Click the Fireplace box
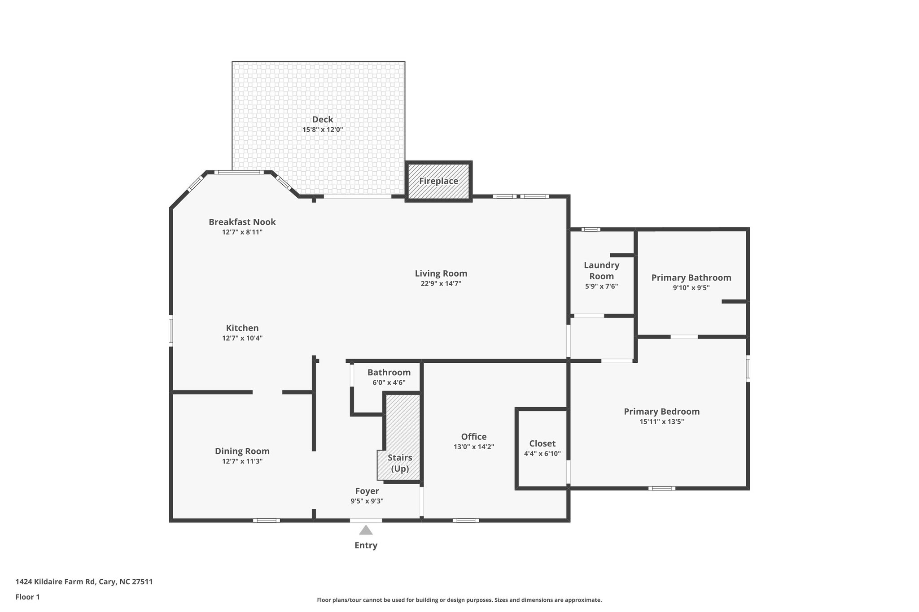(x=438, y=181)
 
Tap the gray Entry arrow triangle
(x=366, y=530)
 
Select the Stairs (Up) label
(x=399, y=463)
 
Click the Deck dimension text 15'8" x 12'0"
(x=323, y=130)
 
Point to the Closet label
(x=542, y=443)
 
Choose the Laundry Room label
(x=601, y=270)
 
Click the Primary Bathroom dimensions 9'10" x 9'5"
(x=691, y=288)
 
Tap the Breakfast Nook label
(x=242, y=222)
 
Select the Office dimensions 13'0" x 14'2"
(x=473, y=447)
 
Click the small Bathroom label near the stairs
(x=389, y=372)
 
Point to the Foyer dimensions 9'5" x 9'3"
(x=367, y=501)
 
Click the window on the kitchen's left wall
(x=171, y=331)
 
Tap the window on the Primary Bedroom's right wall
(x=748, y=369)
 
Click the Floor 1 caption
(x=27, y=597)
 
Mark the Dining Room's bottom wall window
(x=266, y=521)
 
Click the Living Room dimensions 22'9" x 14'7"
(x=441, y=284)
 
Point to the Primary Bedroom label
(x=661, y=411)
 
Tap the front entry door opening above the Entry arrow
(x=366, y=521)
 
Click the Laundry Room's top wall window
(x=591, y=230)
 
